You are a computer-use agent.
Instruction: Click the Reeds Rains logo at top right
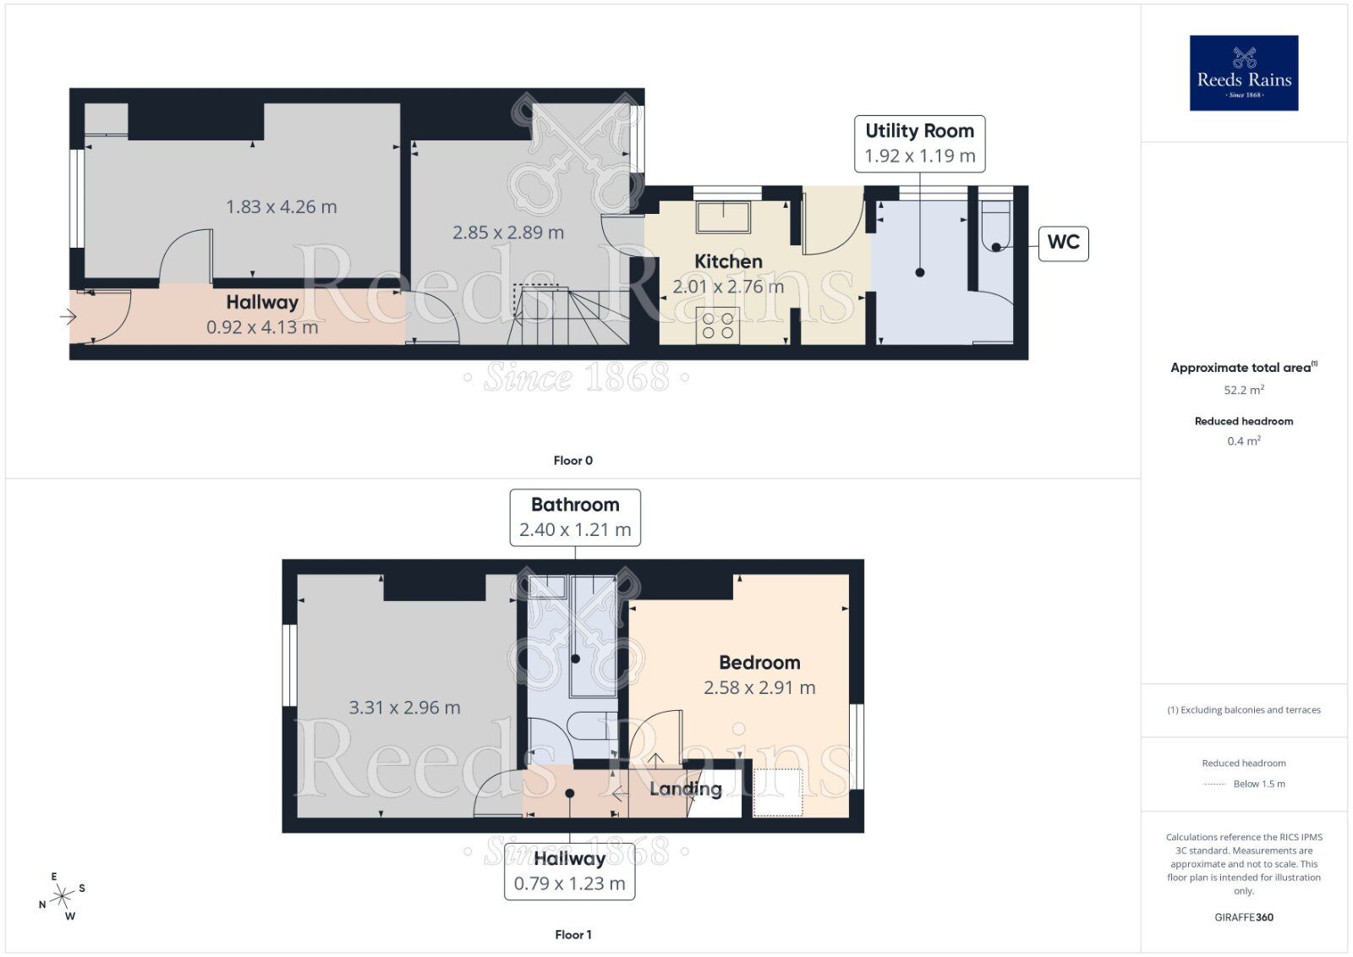pos(1243,73)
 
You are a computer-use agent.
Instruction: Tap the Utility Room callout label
pos(919,143)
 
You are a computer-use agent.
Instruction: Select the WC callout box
pos(1063,243)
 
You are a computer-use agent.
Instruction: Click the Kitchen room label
pos(728,261)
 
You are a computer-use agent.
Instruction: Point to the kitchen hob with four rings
pos(718,325)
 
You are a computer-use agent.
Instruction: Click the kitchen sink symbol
pos(723,217)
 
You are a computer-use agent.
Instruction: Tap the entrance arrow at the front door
pos(68,317)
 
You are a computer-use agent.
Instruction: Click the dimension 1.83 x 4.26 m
pos(281,207)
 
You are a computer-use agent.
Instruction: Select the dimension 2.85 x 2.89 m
pos(507,232)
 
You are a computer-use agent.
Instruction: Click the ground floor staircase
pos(568,316)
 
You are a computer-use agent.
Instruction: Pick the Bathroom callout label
pos(575,517)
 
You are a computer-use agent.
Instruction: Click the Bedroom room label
pos(759,663)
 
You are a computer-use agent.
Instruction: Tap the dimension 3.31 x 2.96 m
pos(404,708)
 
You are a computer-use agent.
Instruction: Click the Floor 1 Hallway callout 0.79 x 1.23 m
pos(569,872)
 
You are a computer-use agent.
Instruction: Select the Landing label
pos(685,790)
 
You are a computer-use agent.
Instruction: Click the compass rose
pos(63,896)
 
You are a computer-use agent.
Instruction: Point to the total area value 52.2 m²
pos(1243,390)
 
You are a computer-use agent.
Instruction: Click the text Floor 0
pos(572,461)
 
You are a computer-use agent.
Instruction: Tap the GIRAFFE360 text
pos(1243,917)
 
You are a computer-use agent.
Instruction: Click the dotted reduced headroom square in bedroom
pos(777,793)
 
